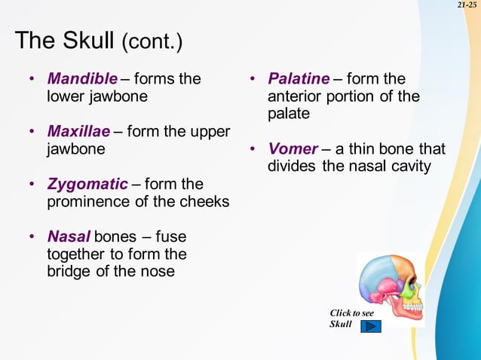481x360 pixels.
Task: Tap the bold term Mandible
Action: pos(82,79)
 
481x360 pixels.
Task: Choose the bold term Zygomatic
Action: pos(87,185)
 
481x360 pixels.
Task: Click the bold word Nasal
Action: pos(69,237)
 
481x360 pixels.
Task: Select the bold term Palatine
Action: pos(299,79)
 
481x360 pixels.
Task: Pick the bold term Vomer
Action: pos(293,148)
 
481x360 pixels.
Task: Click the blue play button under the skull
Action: pos(371,326)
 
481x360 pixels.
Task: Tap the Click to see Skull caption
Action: pos(351,318)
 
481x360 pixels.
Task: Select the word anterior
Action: pos(295,96)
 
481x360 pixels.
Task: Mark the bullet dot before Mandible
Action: pos(32,79)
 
